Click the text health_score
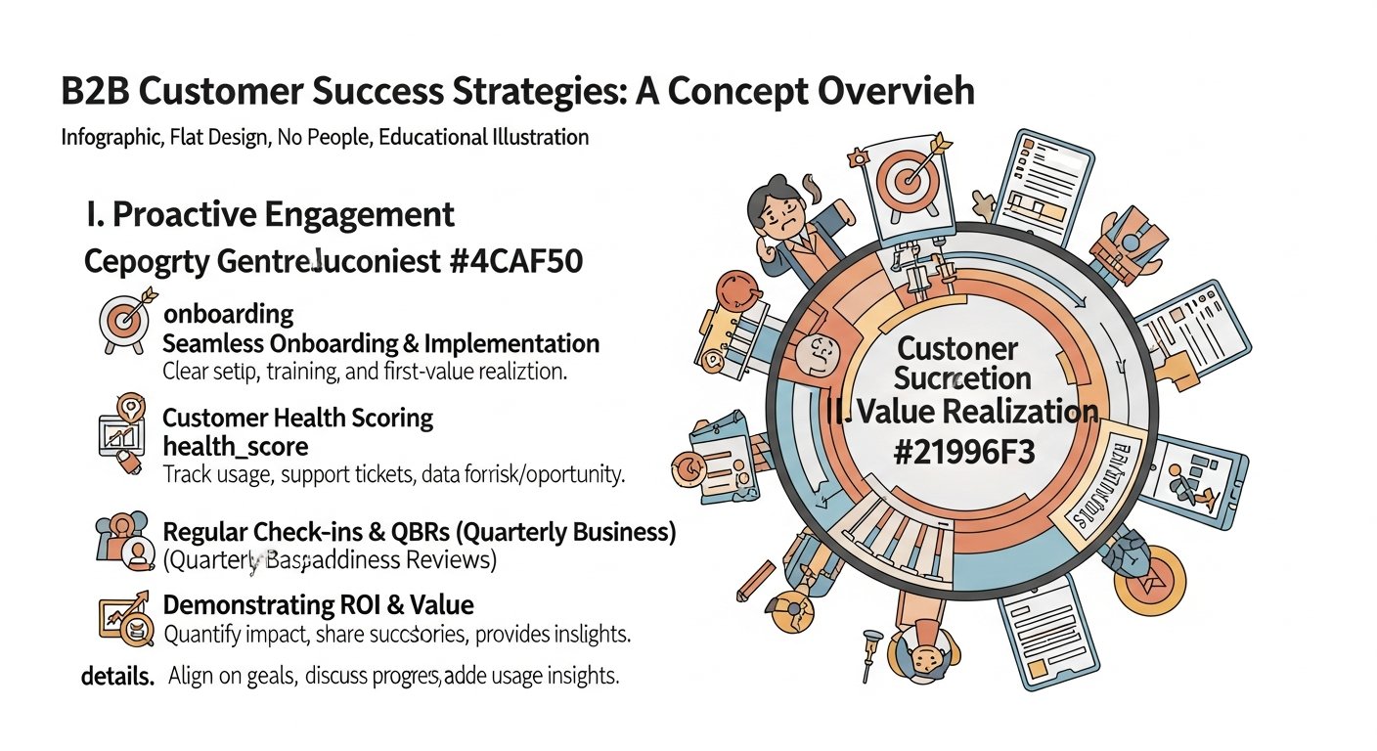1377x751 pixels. pyautogui.click(x=235, y=447)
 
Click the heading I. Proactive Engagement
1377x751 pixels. pyautogui.click(x=270, y=214)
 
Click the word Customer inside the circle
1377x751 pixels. pyautogui.click(x=957, y=348)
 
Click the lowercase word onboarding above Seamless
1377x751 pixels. pyautogui.click(x=228, y=314)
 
